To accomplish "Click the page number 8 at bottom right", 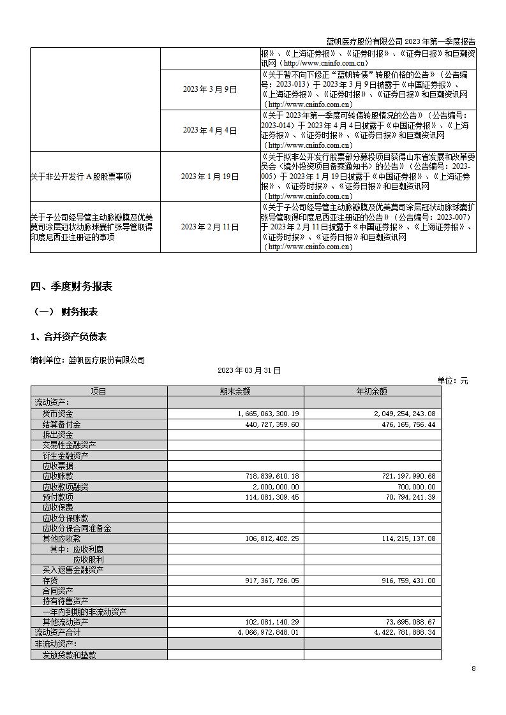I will (473, 668).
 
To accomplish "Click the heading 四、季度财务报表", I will (71, 287).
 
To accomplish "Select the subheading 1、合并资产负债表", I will (68, 336).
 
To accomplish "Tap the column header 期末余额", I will (235, 392).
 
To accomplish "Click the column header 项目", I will (99, 392).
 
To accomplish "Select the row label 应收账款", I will (57, 476).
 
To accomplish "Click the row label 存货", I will (50, 581).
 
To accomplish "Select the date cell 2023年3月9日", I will (209, 90).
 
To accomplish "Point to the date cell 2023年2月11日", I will (209, 227).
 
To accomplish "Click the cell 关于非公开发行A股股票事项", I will (80, 177).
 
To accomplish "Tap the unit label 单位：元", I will (452, 380).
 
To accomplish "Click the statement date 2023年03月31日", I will (249, 370).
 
